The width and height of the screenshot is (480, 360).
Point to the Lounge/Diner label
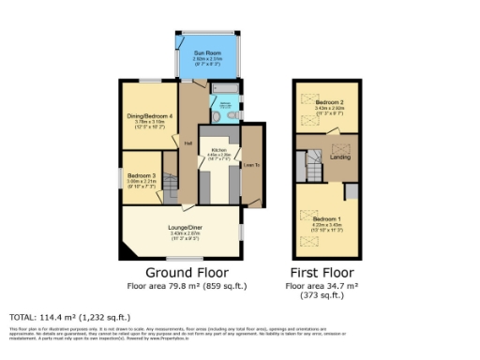182,225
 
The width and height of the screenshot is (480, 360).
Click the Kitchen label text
219,149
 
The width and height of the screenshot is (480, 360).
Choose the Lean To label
251,165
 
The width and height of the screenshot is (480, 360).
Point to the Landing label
339,157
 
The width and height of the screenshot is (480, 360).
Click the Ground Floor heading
182,273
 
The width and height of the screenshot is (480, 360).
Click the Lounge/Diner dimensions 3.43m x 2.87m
182,232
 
